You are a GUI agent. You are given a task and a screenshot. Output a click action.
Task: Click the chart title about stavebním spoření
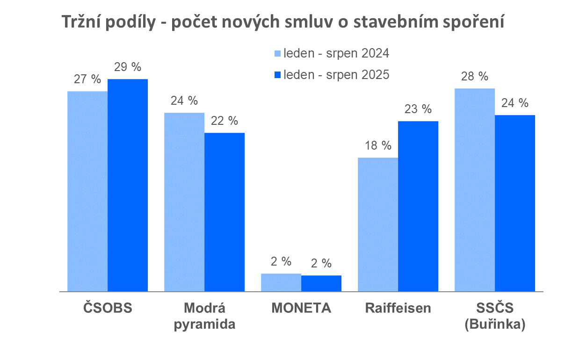pyautogui.click(x=282, y=22)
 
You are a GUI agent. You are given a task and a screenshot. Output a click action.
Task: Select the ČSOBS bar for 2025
pyautogui.click(x=128, y=185)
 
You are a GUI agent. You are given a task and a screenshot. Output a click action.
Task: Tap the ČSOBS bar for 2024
pyautogui.click(x=87, y=191)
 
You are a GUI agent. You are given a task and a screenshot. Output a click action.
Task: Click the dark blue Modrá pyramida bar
pyautogui.click(x=225, y=212)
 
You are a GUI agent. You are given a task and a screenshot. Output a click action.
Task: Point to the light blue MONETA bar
pyautogui.click(x=281, y=282)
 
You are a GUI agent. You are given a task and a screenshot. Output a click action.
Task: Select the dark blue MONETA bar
pyautogui.click(x=321, y=283)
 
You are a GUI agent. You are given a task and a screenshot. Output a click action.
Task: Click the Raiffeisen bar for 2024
pyautogui.click(x=378, y=224)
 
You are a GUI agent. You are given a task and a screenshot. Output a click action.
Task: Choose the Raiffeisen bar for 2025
pyautogui.click(x=418, y=206)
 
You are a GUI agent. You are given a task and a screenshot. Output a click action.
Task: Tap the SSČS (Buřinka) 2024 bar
pyautogui.click(x=475, y=190)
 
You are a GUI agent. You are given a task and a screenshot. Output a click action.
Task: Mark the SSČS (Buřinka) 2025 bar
pyautogui.click(x=515, y=203)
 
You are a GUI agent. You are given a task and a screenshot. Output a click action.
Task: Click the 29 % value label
pyautogui.click(x=128, y=67)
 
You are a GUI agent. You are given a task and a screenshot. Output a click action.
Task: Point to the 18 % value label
pyautogui.click(x=378, y=145)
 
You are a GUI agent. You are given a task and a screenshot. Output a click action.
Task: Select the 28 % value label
pyautogui.click(x=475, y=77)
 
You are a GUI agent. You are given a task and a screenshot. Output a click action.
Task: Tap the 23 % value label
pyautogui.click(x=418, y=109)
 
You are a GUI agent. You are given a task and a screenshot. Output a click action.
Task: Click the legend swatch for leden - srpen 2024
pyautogui.click(x=277, y=54)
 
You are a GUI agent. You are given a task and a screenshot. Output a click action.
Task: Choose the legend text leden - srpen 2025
pyautogui.click(x=336, y=75)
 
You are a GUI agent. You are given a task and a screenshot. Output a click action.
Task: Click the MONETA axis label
pyautogui.click(x=301, y=309)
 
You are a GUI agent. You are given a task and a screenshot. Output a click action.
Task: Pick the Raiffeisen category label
pyautogui.click(x=398, y=309)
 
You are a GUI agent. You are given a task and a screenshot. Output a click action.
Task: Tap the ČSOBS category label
pyautogui.click(x=108, y=309)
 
